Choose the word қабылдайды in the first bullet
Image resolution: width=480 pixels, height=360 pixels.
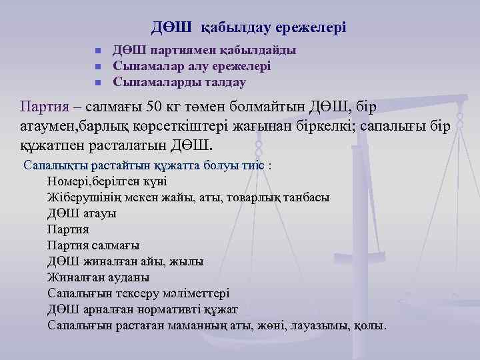(257, 51)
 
